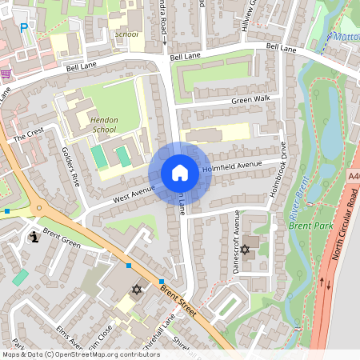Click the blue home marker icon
(179, 173)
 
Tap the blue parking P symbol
(23, 28)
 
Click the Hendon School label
(104, 124)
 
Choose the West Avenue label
(134, 193)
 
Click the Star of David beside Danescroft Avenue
(246, 250)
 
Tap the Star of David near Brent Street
(136, 289)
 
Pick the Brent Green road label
(62, 237)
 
